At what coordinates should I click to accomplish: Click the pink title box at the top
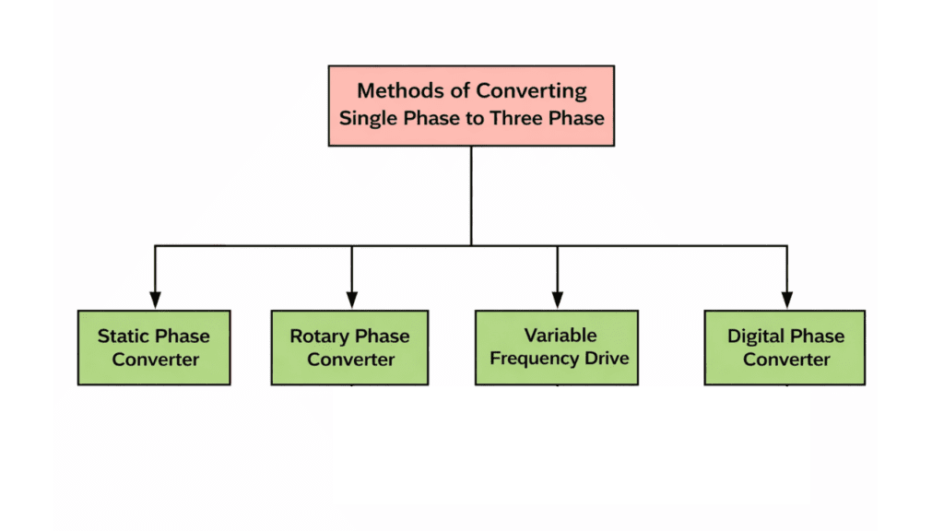(x=471, y=105)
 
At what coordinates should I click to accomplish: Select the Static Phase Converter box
(x=154, y=348)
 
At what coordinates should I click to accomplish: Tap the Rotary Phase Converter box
(x=349, y=348)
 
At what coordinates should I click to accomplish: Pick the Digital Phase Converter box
(x=785, y=348)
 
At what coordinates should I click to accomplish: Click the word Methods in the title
(x=394, y=90)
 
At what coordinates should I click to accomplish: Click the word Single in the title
(x=366, y=118)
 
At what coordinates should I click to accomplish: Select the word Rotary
(x=319, y=336)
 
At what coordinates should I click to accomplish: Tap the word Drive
(x=607, y=358)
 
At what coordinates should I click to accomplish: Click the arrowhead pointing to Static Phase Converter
(x=155, y=299)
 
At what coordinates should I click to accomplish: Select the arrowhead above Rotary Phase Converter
(x=350, y=299)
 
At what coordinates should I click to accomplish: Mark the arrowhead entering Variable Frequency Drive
(x=557, y=299)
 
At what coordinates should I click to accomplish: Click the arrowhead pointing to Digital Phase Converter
(x=785, y=299)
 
